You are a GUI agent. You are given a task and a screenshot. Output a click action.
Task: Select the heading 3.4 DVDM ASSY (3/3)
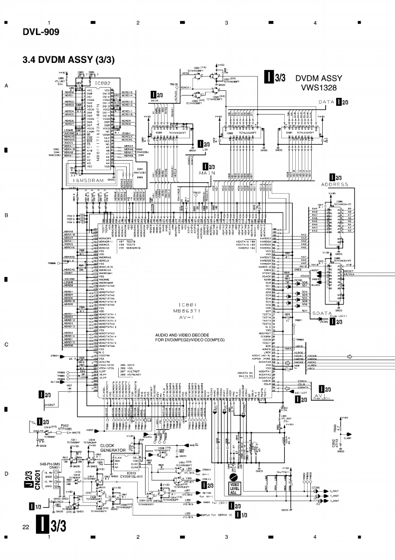pyautogui.click(x=68, y=60)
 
